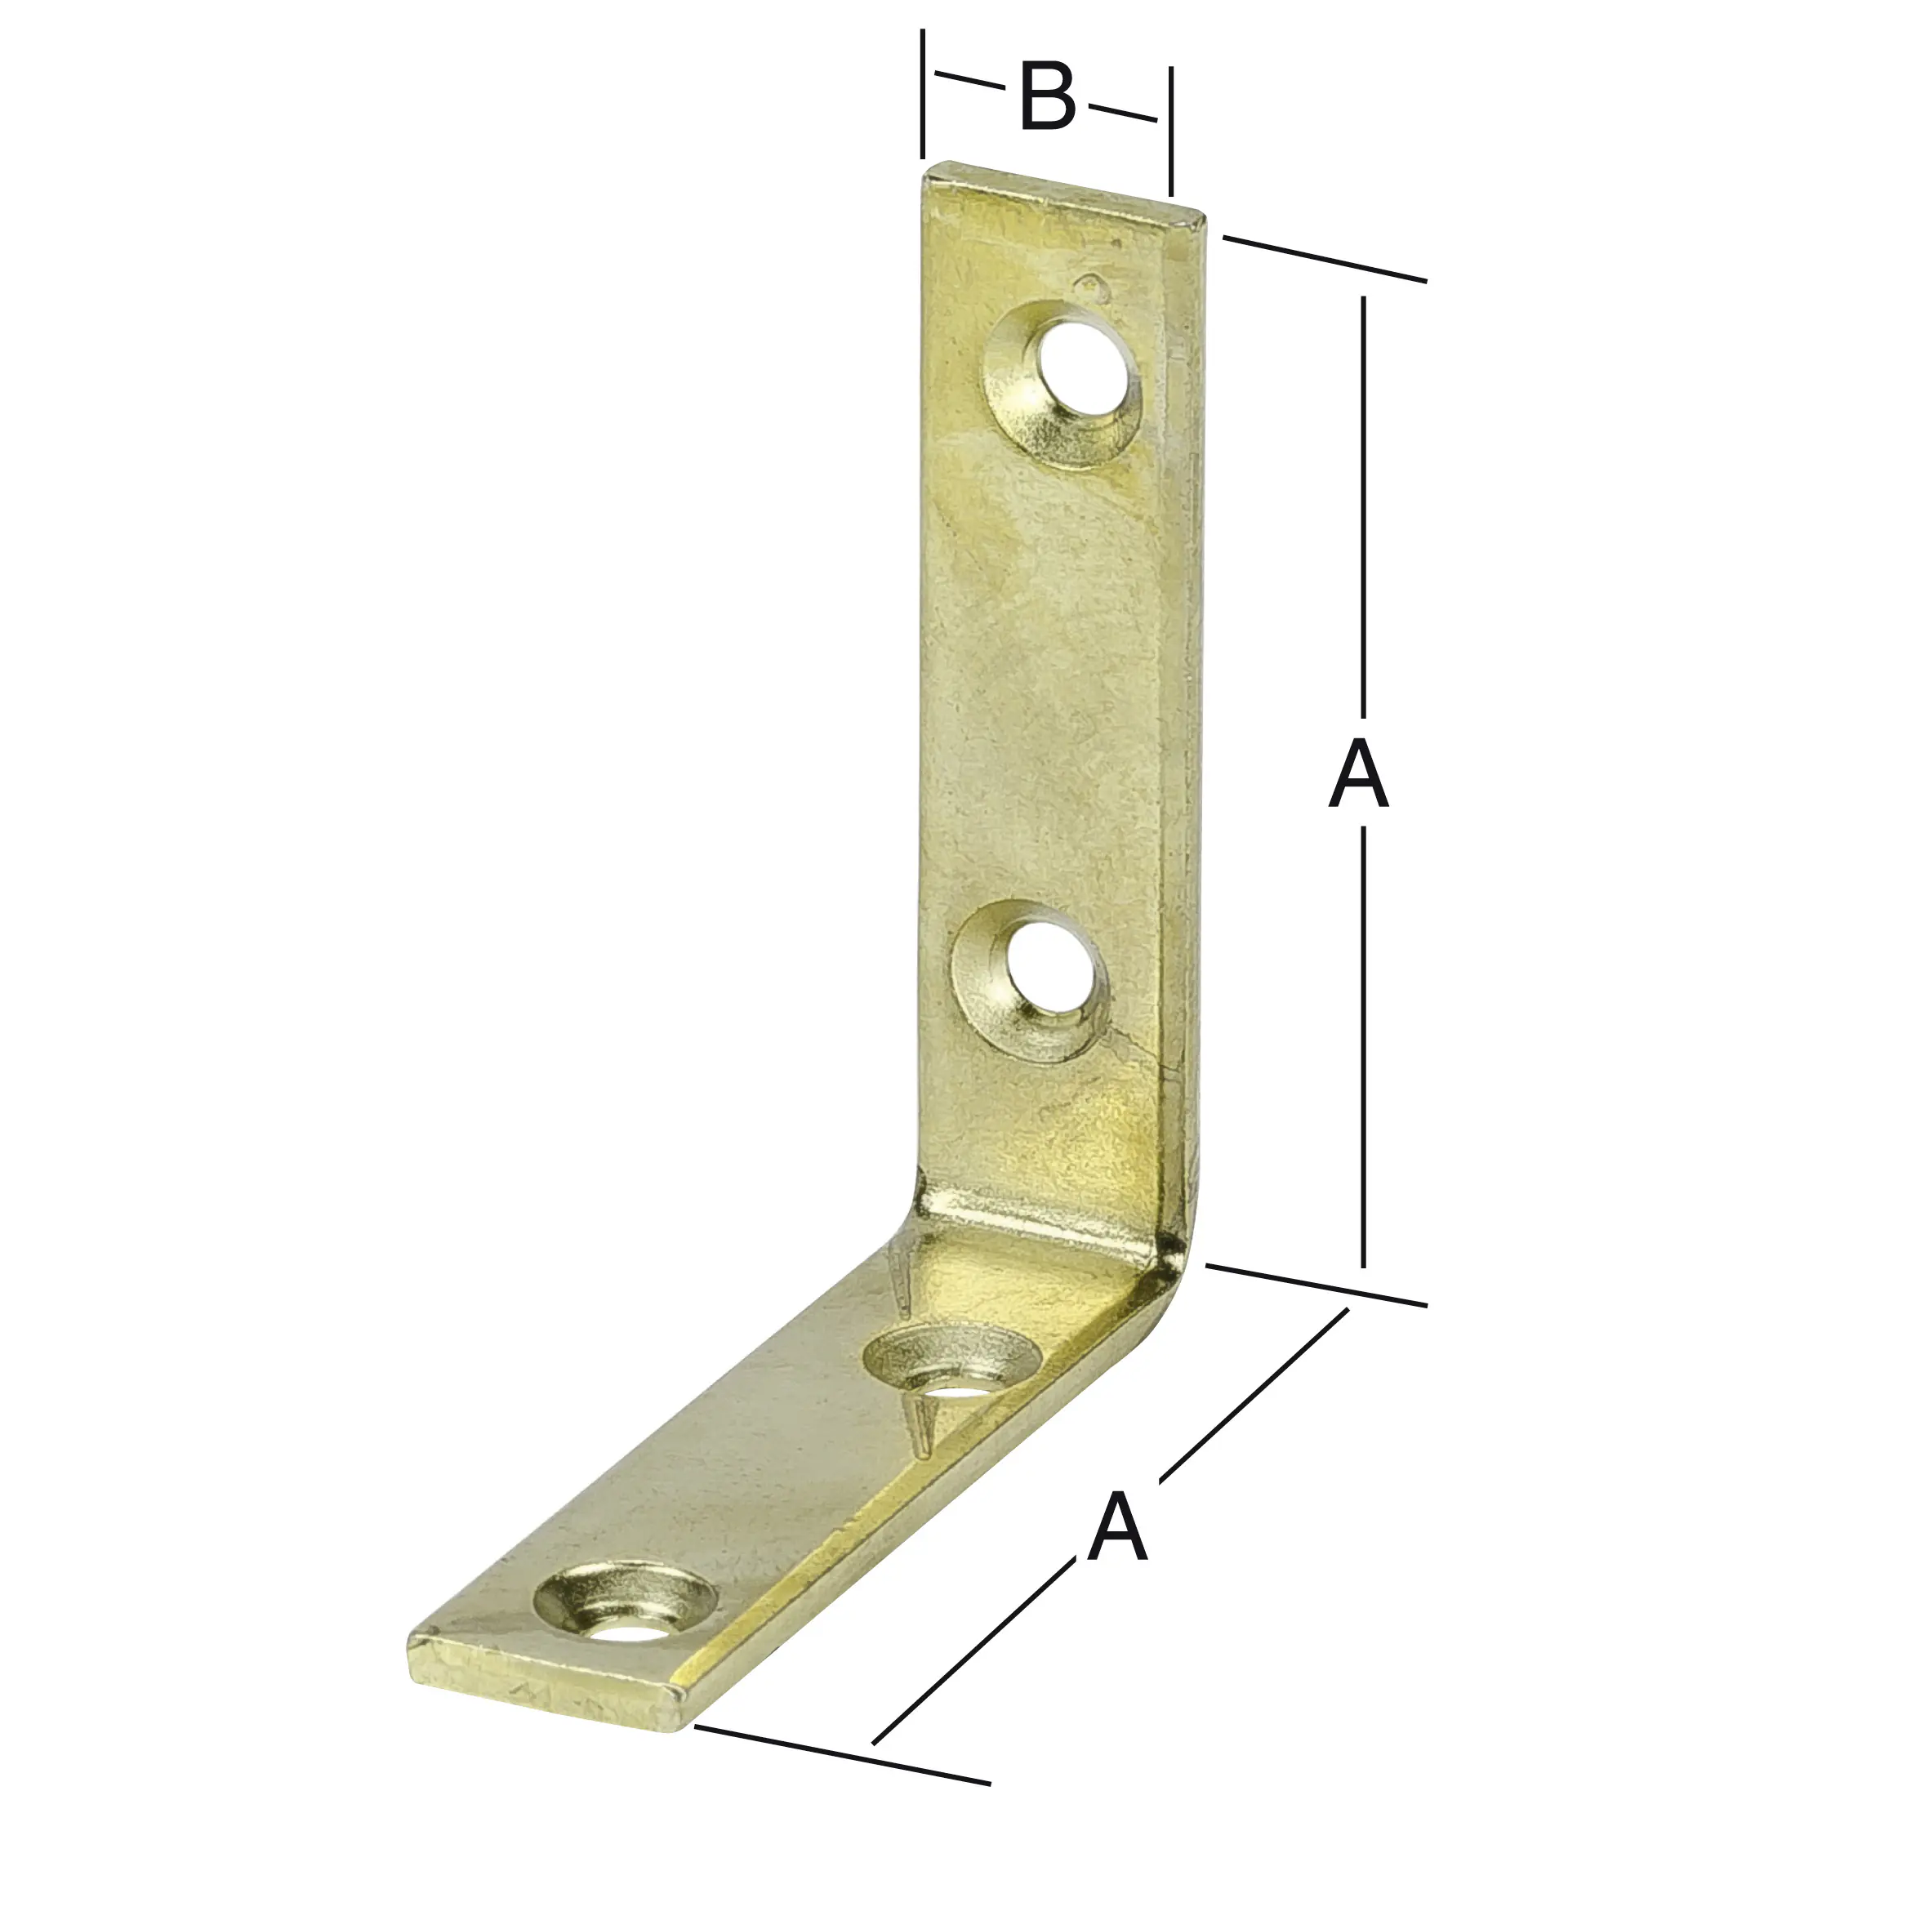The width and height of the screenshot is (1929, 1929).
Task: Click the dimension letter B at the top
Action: pyautogui.click(x=1047, y=97)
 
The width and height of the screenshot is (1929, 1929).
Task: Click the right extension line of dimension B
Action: pyautogui.click(x=1170, y=130)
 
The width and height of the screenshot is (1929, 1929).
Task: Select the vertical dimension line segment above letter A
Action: pyautogui.click(x=1364, y=499)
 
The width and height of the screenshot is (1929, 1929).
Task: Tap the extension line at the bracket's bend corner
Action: pyautogui.click(x=1318, y=1285)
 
